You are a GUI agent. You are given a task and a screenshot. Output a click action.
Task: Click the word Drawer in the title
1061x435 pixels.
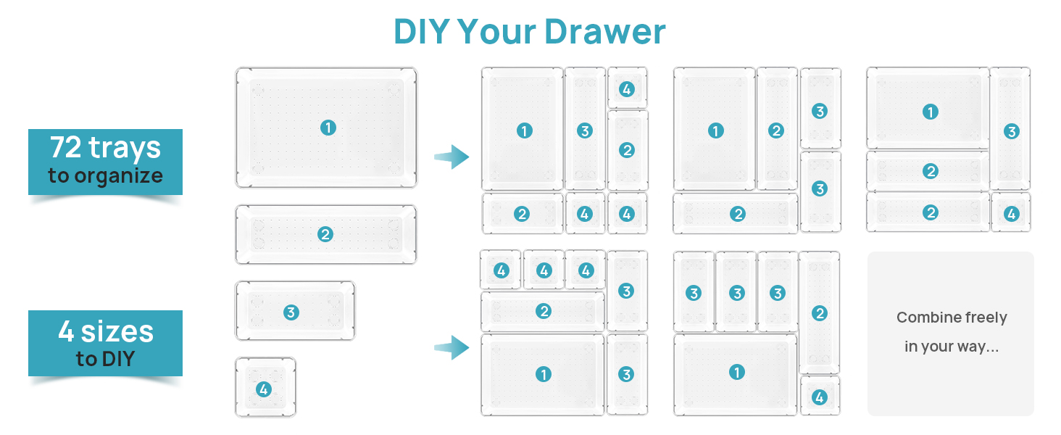604,32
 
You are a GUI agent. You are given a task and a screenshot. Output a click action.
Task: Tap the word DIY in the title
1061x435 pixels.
421,32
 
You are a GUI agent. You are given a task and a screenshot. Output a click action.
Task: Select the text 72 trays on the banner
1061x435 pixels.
105,147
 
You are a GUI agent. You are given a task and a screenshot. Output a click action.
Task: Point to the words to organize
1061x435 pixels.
105,175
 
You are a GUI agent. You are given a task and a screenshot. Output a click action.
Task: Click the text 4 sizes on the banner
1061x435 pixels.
106,331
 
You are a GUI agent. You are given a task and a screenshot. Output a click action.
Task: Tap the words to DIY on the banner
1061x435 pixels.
105,358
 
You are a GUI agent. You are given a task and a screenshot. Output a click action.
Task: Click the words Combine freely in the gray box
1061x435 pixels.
951,318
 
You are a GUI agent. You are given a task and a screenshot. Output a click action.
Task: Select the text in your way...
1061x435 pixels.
951,347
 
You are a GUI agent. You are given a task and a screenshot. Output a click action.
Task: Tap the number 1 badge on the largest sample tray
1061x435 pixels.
328,128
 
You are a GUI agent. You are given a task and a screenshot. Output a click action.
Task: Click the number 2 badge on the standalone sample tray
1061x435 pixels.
325,234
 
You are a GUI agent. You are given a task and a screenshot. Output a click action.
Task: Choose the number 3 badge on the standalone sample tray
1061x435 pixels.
291,312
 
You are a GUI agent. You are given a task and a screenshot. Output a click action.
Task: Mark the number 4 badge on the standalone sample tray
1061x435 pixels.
264,389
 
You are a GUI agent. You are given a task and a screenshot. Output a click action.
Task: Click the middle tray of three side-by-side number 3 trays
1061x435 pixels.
736,293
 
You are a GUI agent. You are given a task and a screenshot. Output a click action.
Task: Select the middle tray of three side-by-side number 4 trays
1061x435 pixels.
544,270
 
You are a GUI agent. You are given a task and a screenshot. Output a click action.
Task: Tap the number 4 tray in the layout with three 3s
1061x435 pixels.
820,397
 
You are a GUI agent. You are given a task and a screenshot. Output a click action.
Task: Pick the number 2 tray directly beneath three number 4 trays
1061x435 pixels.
543,311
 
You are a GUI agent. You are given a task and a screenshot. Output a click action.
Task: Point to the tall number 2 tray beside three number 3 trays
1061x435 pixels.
820,312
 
